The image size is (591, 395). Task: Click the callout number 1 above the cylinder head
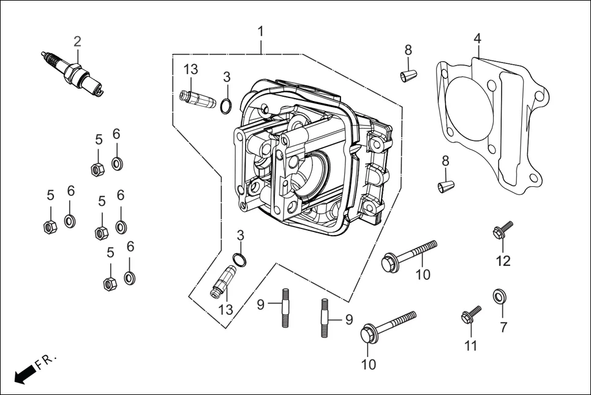(261, 31)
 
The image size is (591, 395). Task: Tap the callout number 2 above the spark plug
(77, 42)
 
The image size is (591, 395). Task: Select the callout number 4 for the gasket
(477, 39)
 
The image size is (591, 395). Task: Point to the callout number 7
(503, 327)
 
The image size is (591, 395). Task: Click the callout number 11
(470, 345)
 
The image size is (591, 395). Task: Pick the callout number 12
(503, 261)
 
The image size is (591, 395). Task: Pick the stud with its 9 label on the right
(324, 317)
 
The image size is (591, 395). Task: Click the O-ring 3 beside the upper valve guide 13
(226, 107)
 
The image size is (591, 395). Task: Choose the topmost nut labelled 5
(96, 169)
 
